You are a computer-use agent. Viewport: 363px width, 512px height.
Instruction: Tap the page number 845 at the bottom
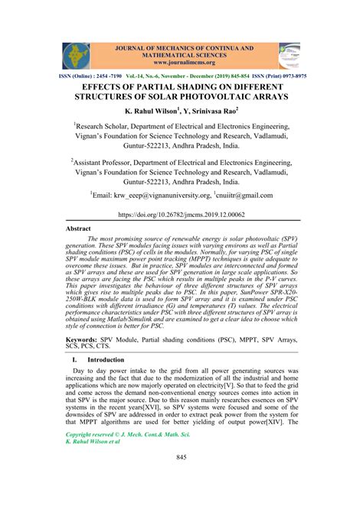(x=181, y=478)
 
